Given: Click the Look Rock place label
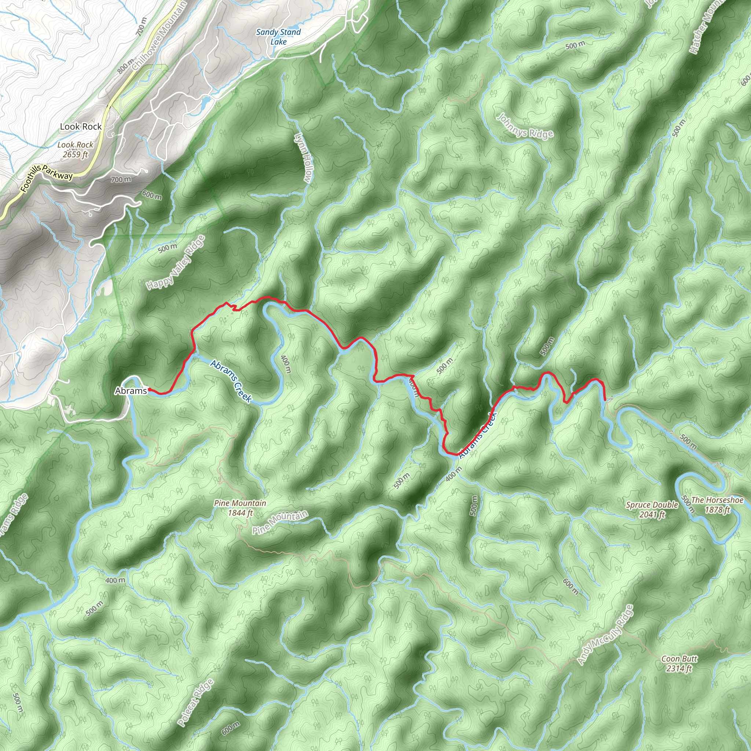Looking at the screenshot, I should [x=80, y=127].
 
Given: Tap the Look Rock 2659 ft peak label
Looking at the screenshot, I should [x=76, y=149].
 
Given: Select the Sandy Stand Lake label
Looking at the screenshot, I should [x=278, y=37].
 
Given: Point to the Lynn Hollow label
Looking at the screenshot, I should [x=303, y=157].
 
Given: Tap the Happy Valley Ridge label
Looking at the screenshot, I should [x=175, y=263].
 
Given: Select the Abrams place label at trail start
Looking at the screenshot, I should [x=131, y=391].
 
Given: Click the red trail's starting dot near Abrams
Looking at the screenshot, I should [x=149, y=389].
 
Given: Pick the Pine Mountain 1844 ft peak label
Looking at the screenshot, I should [x=240, y=508].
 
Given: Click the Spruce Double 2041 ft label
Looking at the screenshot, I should [x=652, y=510].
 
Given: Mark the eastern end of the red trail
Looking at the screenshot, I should [x=605, y=400].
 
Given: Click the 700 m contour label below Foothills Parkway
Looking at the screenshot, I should [x=121, y=179].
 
